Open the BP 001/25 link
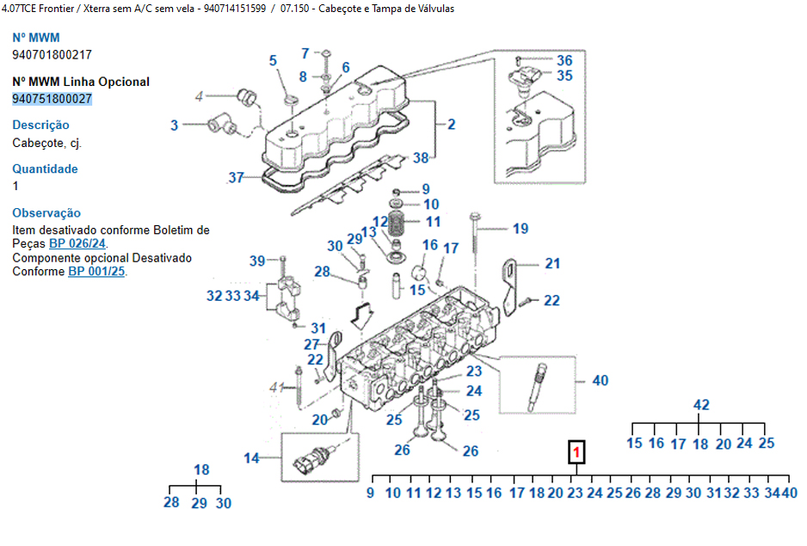[96, 272]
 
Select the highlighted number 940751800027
[52, 99]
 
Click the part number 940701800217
[52, 54]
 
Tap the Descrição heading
[40, 126]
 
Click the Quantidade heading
[45, 169]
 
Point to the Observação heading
[46, 213]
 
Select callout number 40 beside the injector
[600, 381]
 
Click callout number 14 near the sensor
[251, 458]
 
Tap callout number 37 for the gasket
[237, 178]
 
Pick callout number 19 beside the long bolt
[520, 229]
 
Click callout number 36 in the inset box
[564, 60]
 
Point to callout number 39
[257, 261]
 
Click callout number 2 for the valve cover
[451, 124]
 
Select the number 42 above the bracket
[701, 404]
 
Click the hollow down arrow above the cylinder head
[363, 314]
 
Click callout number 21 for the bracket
[551, 264]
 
